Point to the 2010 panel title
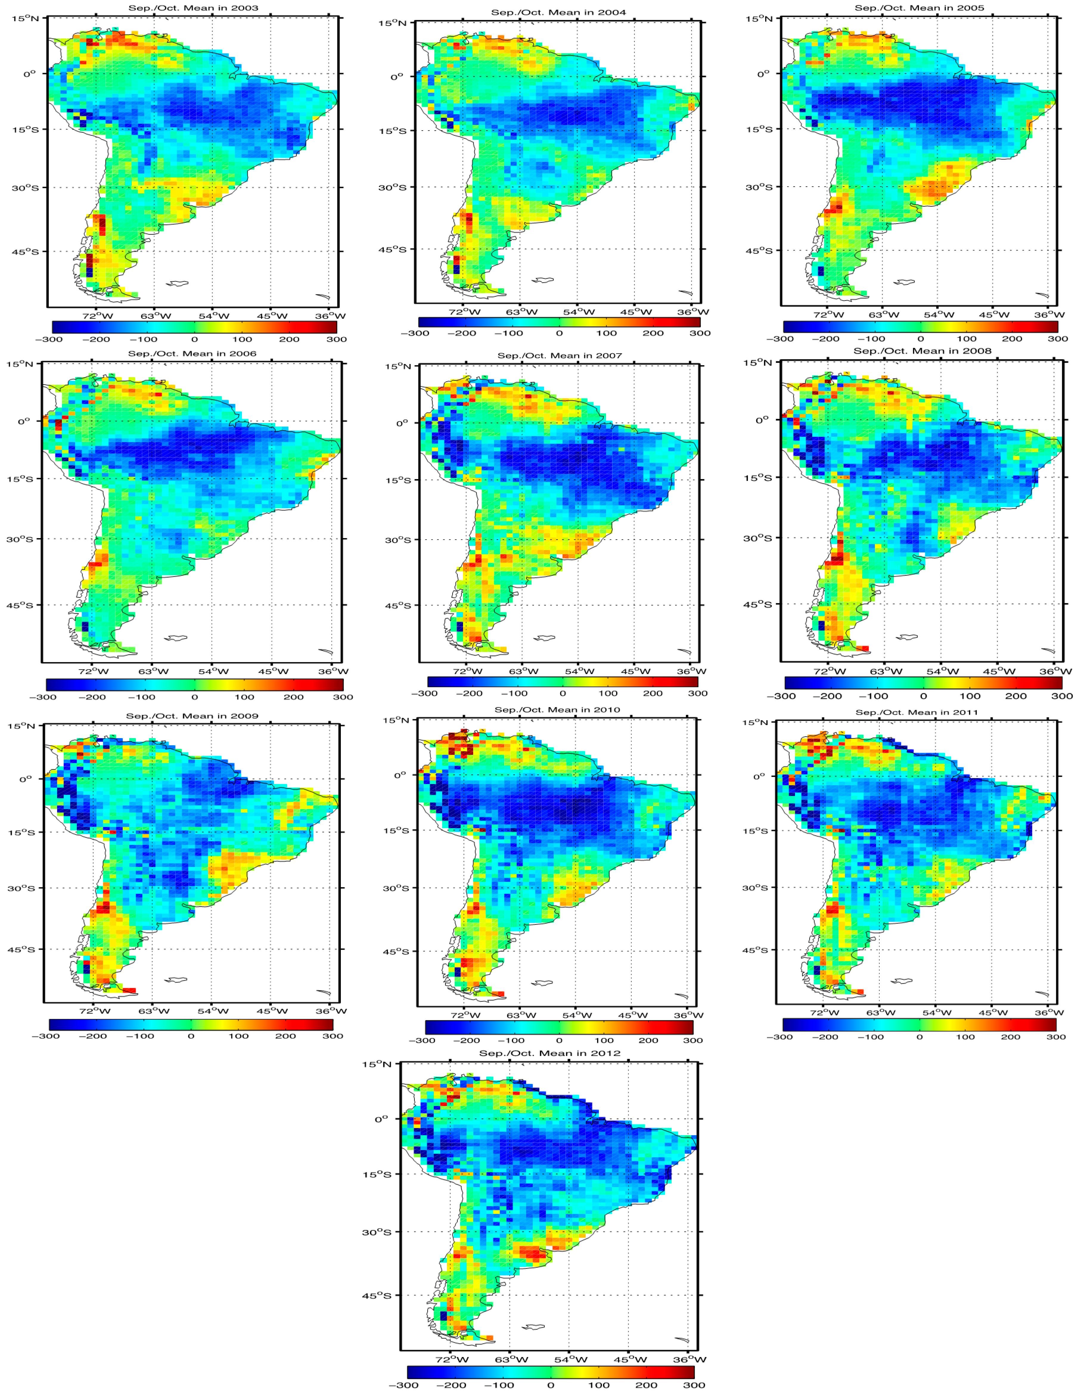click(557, 709)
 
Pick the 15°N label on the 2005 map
click(759, 18)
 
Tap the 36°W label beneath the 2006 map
click(330, 671)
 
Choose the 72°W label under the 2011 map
click(823, 1012)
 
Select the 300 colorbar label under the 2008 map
click(1062, 696)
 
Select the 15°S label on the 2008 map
click(759, 478)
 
